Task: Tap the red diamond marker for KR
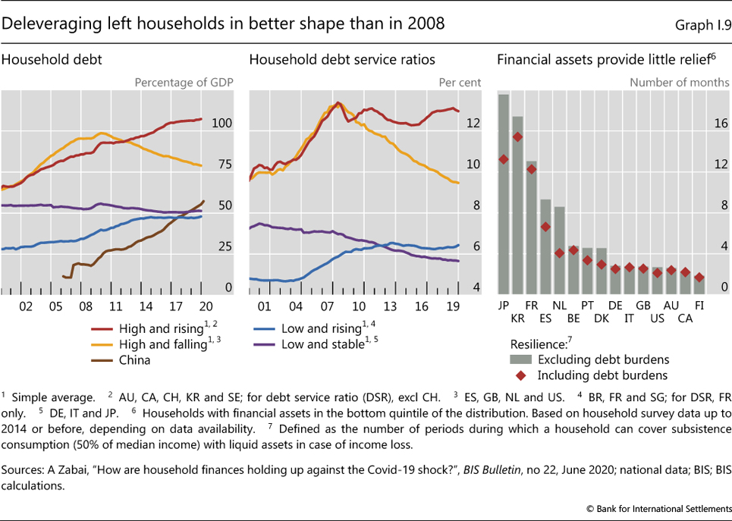click(517, 137)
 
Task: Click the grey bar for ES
click(545, 246)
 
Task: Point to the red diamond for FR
click(531, 169)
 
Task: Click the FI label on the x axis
click(699, 305)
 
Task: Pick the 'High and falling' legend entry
click(161, 344)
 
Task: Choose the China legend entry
click(135, 360)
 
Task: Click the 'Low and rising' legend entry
click(321, 328)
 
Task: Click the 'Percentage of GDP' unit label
click(184, 82)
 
